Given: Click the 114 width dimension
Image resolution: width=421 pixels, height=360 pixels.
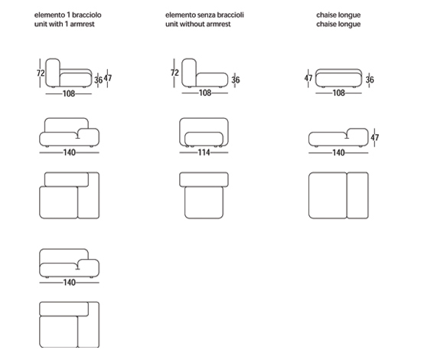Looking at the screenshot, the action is tap(204, 152).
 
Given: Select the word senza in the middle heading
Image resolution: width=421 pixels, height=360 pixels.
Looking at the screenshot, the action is tap(205, 15).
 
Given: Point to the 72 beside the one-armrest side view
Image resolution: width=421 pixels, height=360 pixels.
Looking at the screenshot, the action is tap(41, 73).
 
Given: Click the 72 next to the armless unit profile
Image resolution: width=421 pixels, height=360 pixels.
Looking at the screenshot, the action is tap(175, 73).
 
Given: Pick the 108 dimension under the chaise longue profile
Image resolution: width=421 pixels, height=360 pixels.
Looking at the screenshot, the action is tap(338, 93).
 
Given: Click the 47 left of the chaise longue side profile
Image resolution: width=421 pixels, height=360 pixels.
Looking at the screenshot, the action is tap(308, 78).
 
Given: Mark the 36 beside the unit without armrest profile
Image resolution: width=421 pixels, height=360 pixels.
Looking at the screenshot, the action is tap(236, 80).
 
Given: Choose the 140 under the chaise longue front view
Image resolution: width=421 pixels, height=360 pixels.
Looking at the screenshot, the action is tap(338, 153).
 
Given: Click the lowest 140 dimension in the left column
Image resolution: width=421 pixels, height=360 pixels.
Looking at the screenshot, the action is tap(69, 283).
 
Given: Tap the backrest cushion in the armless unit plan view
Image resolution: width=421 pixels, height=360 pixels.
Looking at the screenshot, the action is tap(204, 179).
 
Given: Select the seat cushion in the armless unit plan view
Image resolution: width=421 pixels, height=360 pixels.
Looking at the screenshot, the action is tap(204, 202).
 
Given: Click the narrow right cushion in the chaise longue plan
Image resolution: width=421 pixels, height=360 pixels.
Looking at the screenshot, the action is tap(357, 195).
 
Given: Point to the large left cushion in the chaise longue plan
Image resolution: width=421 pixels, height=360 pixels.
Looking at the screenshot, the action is tap(328, 195).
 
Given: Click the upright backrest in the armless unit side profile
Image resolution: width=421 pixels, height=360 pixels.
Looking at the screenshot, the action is tap(189, 73).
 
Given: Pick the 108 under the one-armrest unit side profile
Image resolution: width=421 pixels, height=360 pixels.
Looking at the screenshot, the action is tap(69, 93).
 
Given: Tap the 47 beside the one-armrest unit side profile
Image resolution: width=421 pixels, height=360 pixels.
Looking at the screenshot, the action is tap(108, 78).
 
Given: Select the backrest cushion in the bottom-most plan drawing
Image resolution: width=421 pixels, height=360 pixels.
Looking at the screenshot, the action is tap(64, 309).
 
